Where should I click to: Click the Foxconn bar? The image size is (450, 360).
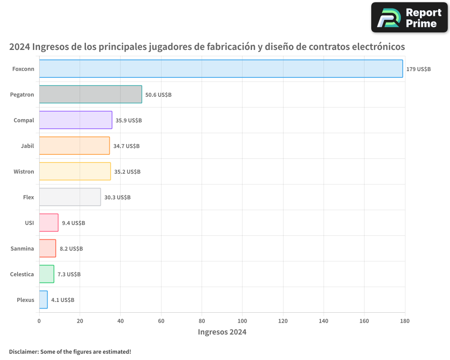[220, 69]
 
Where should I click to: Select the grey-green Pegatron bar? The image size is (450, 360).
[90, 94]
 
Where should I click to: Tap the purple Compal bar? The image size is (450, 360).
[76, 120]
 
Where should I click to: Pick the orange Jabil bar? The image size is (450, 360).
[74, 146]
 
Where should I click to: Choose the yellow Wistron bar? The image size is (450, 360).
[75, 171]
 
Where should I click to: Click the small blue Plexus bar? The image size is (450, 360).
[43, 300]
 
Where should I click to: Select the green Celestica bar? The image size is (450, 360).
[46, 274]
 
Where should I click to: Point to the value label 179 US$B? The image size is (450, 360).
[418, 69]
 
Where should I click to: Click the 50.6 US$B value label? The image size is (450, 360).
[158, 95]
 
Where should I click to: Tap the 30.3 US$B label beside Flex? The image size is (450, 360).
[117, 198]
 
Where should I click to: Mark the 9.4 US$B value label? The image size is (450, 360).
[73, 223]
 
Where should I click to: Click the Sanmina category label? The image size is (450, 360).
[22, 248]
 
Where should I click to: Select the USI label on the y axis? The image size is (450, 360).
[29, 223]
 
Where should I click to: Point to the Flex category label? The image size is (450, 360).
[28, 197]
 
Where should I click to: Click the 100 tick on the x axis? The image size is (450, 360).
[242, 321]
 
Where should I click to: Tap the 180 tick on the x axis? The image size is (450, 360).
[405, 321]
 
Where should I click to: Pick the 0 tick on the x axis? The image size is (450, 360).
[39, 321]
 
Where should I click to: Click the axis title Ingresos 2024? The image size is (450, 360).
[222, 332]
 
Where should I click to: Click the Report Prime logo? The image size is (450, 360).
[409, 18]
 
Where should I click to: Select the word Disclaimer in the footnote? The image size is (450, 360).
[23, 351]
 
